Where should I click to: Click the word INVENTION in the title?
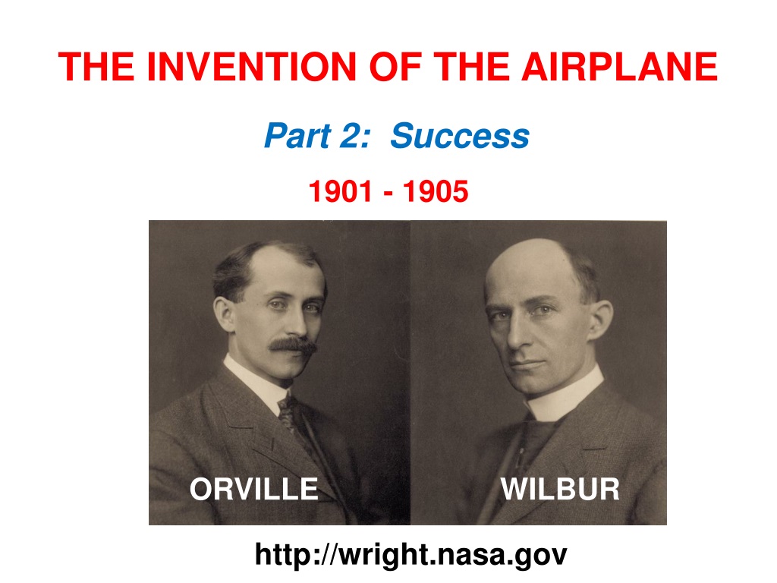[252, 67]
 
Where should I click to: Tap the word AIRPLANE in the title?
[619, 67]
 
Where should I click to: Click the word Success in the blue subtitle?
[460, 135]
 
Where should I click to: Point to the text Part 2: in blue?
[317, 135]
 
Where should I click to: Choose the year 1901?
[340, 191]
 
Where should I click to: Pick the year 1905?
[436, 191]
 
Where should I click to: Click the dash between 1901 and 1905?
[388, 194]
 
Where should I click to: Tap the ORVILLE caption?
[253, 489]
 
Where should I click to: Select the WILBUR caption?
[560, 489]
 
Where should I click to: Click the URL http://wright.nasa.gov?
[411, 554]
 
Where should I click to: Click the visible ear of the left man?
[225, 314]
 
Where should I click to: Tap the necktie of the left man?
[290, 417]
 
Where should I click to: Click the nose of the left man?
[297, 322]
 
